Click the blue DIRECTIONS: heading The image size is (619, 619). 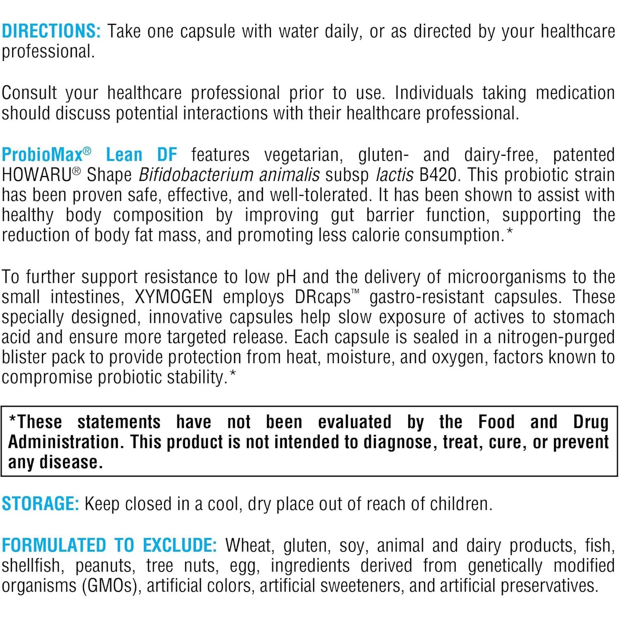51,31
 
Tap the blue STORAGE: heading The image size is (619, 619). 40,504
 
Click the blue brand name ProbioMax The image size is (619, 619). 42,155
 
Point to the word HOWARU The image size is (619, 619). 37,175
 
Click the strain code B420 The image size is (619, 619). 438,175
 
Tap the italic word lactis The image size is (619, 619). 395,175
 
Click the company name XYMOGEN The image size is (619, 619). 174,297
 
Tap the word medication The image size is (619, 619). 575,93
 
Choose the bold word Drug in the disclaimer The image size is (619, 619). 591,422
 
